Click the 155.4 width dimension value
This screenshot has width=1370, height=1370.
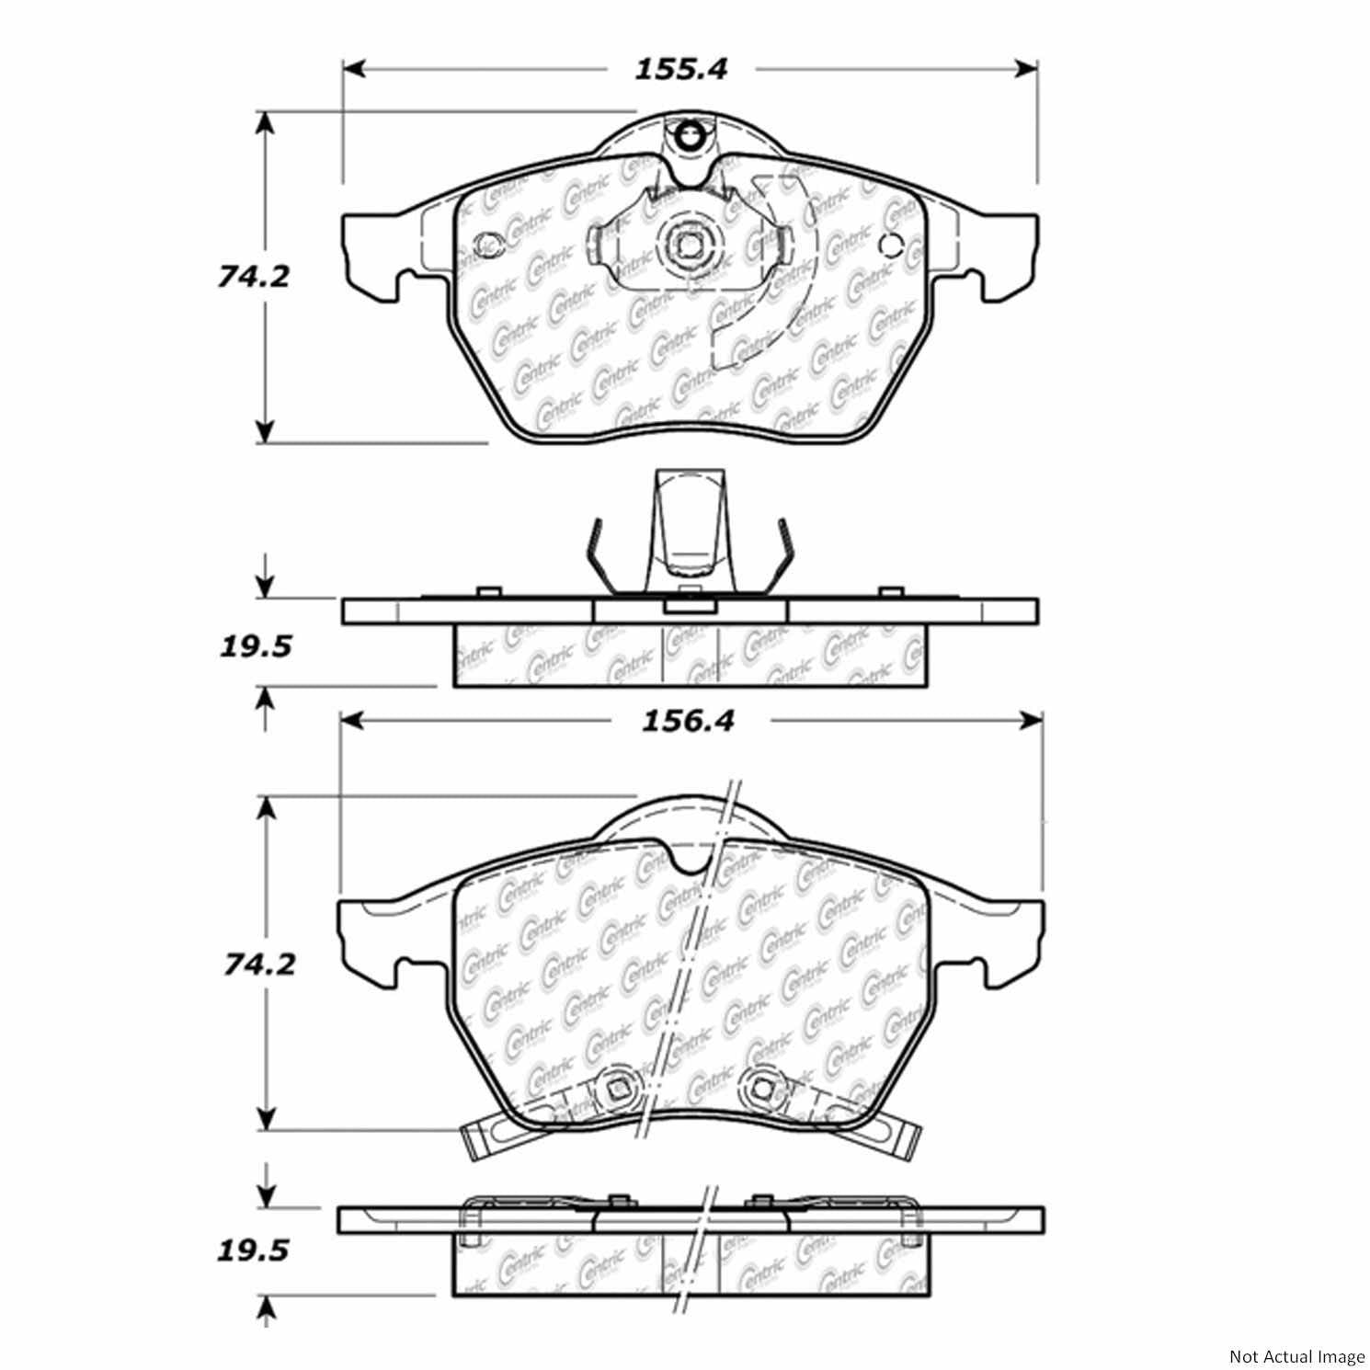click(x=680, y=69)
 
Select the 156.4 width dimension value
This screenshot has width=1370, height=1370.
click(x=688, y=720)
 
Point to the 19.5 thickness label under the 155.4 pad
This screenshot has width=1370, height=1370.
click(x=255, y=646)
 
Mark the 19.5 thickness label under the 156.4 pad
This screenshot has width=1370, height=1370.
click(x=255, y=1250)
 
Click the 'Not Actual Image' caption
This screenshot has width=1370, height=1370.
click(x=1296, y=1356)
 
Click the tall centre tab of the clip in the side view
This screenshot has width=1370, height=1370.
click(x=688, y=524)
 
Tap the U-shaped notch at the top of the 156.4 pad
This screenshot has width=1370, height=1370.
click(x=688, y=857)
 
